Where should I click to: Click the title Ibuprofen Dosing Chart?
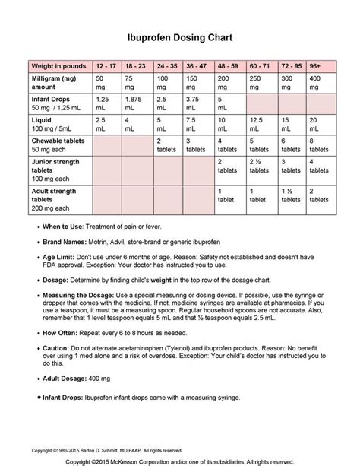pos(179,36)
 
